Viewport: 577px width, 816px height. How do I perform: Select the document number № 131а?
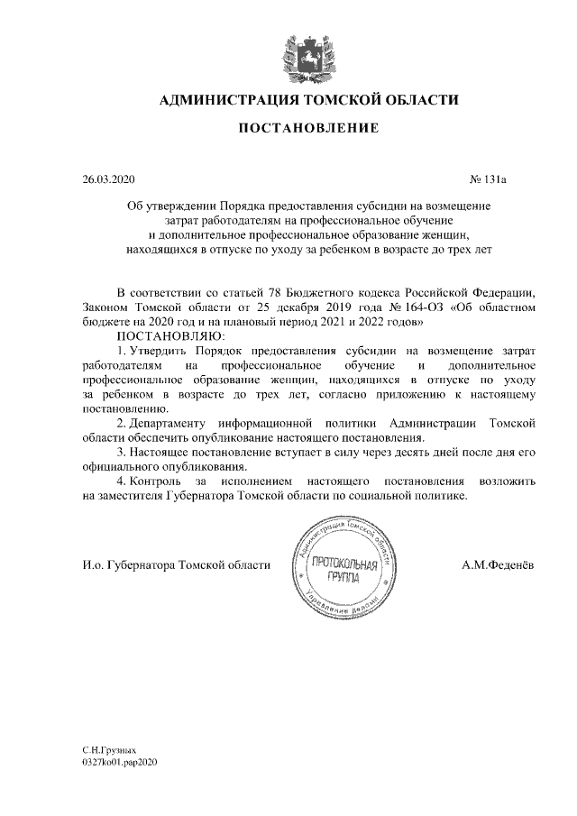[490, 179]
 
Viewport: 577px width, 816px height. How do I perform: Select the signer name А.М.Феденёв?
[497, 565]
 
